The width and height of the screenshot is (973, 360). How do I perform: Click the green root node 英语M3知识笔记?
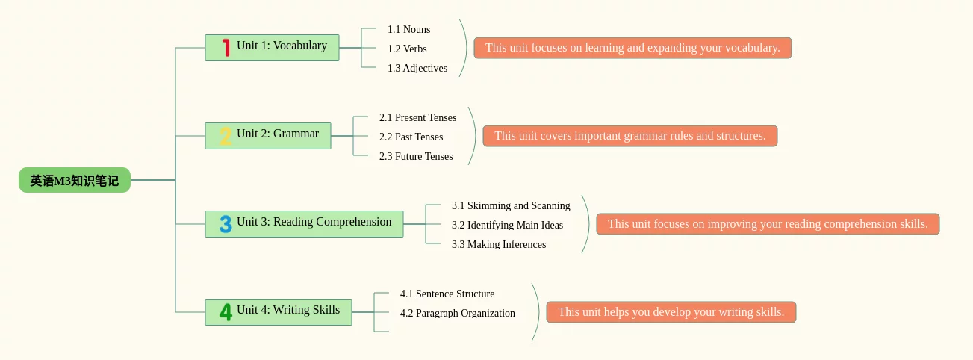point(75,180)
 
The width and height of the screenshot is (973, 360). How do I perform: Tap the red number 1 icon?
point(226,48)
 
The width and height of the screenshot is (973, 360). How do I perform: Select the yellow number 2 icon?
point(226,136)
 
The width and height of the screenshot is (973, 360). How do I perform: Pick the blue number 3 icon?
point(226,224)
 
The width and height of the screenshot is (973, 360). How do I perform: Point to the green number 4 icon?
point(226,312)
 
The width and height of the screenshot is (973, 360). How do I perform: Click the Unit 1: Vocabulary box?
point(272,48)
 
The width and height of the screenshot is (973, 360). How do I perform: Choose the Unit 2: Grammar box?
point(268,136)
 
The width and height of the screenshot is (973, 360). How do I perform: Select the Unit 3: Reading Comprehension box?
point(304,224)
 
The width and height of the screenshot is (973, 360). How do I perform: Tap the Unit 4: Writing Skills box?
point(279,312)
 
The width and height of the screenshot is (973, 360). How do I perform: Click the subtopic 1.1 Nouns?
point(408,29)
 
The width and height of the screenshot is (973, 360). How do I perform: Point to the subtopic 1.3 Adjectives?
point(417,68)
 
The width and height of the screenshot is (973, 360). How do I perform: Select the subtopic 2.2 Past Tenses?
point(411,137)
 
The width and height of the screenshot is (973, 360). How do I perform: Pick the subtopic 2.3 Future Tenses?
point(416,156)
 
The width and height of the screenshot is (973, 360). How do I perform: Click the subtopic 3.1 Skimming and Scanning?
point(511,205)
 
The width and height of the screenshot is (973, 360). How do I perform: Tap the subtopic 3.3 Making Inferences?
point(499,244)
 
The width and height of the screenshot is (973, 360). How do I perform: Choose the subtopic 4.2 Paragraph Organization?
point(458,313)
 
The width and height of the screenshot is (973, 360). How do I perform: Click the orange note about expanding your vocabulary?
point(632,48)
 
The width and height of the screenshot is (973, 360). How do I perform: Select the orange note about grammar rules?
point(630,136)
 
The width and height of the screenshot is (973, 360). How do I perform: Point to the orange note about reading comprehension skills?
point(768,224)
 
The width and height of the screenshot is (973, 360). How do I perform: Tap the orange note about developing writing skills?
point(671,312)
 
